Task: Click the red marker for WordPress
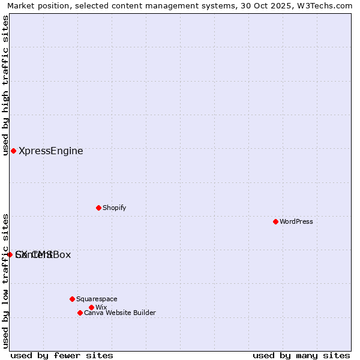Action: [275, 221]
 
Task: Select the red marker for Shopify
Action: [98, 208]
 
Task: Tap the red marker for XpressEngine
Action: [13, 151]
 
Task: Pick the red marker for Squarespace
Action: [72, 299]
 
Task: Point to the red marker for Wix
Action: [91, 307]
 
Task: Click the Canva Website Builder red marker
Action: [80, 313]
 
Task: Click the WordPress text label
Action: [296, 221]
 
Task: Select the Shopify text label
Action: [114, 208]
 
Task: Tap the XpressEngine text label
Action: [51, 151]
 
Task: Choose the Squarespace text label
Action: [97, 299]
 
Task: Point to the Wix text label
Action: [101, 307]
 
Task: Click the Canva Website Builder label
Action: [119, 313]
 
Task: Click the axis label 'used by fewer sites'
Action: [62, 355]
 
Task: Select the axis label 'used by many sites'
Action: [301, 355]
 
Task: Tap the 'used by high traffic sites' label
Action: [5, 85]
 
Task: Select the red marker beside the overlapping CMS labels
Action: [10, 254]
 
